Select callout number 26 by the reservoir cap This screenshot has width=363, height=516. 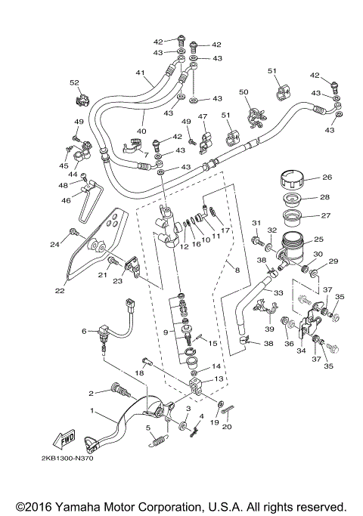pos(327,178)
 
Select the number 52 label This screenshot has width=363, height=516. pos(74,82)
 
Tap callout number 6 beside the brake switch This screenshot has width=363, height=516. pos(85,330)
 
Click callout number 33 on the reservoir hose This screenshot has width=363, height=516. pos(278,292)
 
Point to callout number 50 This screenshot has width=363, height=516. pos(244,92)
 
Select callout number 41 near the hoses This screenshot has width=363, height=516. pos(139,73)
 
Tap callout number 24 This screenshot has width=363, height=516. pos(54,244)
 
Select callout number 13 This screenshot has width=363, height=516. pos(219,379)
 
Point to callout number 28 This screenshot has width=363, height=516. pos(327,197)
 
